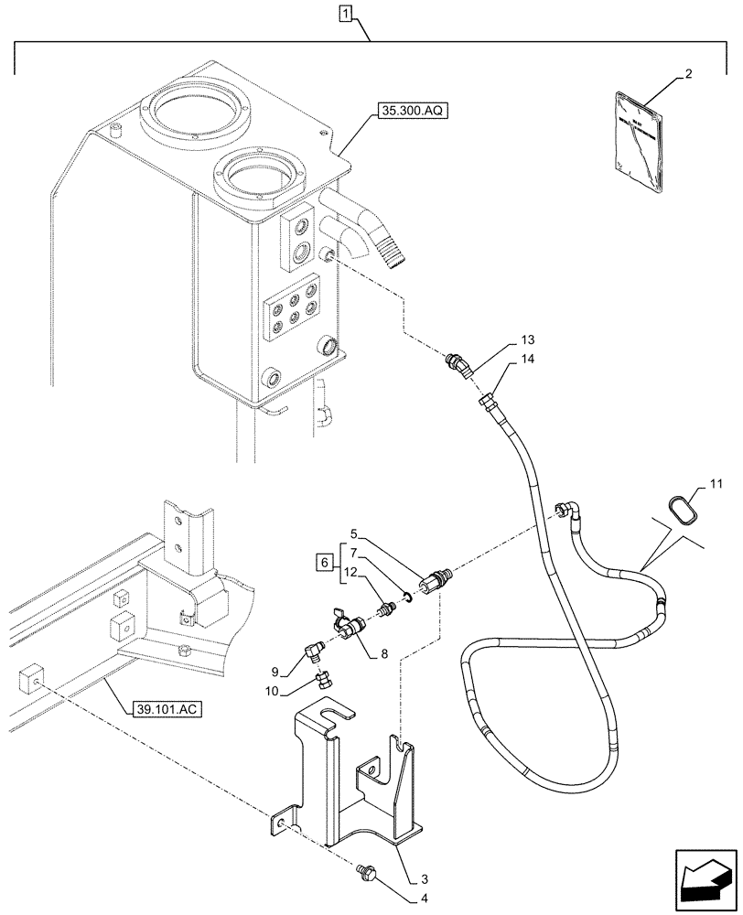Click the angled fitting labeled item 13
(458, 367)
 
